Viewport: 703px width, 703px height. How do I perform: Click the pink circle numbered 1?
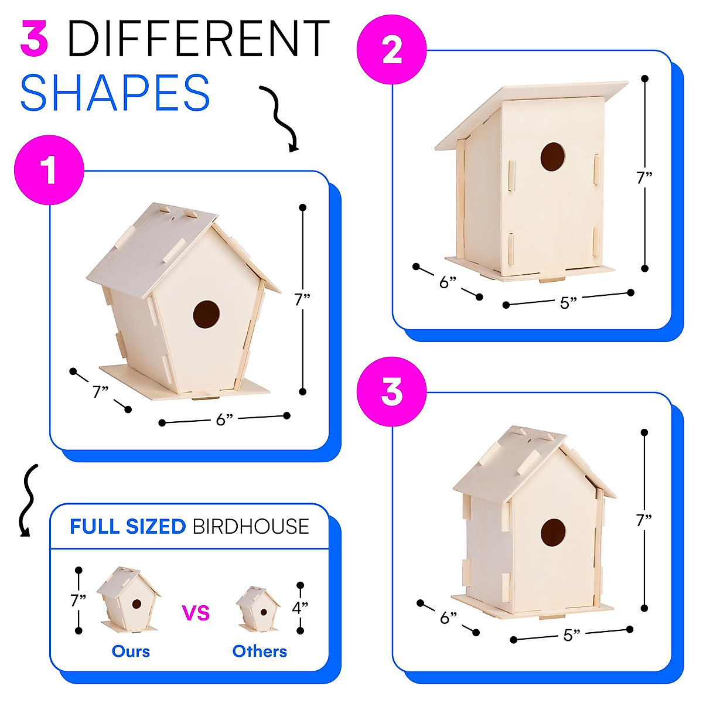coord(49,170)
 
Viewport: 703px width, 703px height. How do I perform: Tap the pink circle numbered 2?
coord(392,51)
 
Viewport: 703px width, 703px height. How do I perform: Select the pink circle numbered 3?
coord(392,392)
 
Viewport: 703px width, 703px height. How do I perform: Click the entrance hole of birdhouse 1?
coord(206,314)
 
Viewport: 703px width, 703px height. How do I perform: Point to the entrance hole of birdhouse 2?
coord(552,156)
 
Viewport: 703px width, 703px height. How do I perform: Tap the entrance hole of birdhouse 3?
coord(552,532)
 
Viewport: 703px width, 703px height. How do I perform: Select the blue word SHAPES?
coord(115,93)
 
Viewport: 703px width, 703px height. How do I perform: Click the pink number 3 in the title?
coord(34,39)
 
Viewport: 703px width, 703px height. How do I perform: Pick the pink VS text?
coord(196,613)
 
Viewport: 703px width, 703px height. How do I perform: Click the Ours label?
coord(131,651)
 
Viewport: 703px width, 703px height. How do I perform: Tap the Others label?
coord(260,651)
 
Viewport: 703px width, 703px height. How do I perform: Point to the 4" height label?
coord(300,608)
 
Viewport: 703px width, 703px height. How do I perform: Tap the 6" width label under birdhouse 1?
coord(224,419)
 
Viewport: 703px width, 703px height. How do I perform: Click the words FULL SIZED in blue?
coord(128,527)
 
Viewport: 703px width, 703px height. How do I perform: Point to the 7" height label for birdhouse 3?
coord(644,519)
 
